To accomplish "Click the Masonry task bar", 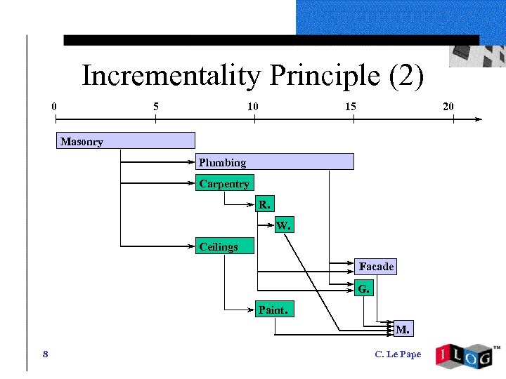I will [x=125, y=141].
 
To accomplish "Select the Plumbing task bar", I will [x=274, y=162].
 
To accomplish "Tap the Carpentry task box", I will [x=224, y=184].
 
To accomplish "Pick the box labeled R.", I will [x=264, y=205].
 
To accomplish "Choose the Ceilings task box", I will [x=224, y=246].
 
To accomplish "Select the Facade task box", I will [x=376, y=267].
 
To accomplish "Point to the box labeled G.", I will [x=363, y=288].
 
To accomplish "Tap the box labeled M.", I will [x=403, y=328].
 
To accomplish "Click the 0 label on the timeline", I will [x=54, y=107].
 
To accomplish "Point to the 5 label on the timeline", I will [x=155, y=107].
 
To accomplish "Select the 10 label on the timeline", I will [x=252, y=107].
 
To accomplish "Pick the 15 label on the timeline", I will [x=350, y=107].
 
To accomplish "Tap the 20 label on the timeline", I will [x=448, y=107].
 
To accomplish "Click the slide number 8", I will [x=45, y=354].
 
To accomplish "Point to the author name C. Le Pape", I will [x=398, y=354].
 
